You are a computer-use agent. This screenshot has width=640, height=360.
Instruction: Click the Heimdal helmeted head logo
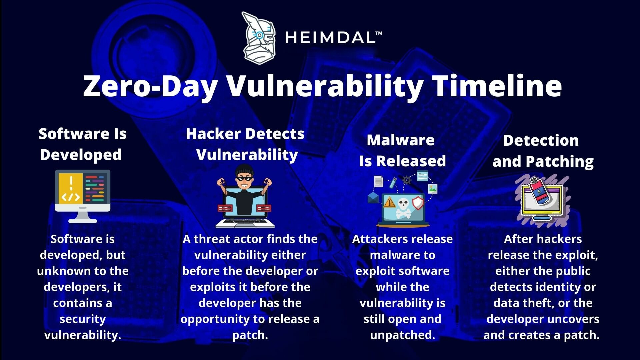259,38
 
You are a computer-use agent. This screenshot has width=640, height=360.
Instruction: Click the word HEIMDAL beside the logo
330,38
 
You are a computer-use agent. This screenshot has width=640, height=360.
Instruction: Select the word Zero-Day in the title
150,86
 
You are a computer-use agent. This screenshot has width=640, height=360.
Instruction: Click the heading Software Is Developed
82,144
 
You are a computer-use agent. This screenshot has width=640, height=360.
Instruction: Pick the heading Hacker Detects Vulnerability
245,144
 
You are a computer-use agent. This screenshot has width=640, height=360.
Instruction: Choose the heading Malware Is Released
402,150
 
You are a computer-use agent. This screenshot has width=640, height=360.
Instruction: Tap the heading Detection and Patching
543,151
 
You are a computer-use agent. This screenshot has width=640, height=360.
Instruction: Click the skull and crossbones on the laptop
403,208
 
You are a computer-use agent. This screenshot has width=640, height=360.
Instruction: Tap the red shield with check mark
418,202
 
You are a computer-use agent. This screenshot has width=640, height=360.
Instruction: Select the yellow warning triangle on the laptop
389,202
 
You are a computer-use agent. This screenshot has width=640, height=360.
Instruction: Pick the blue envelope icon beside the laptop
373,198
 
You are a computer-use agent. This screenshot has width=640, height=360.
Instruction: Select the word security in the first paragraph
83,319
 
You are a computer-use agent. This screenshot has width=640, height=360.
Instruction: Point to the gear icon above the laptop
407,180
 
